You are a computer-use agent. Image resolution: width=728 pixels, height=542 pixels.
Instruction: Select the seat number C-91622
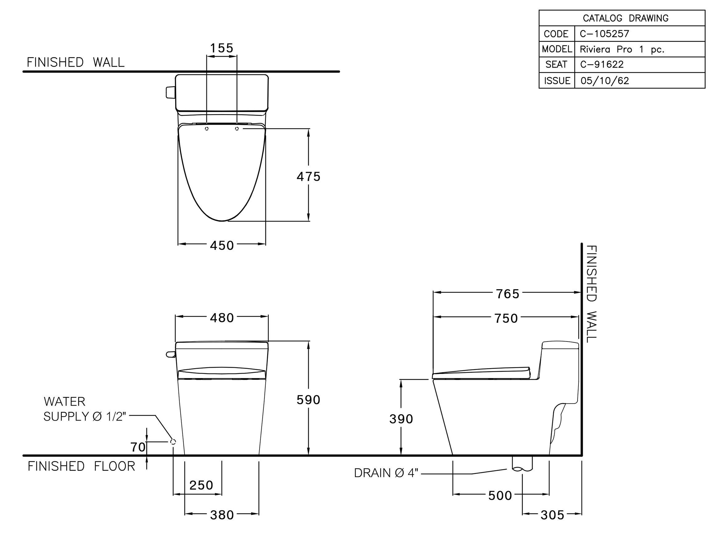click(602, 64)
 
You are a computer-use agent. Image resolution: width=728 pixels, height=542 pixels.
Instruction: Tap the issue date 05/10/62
click(605, 81)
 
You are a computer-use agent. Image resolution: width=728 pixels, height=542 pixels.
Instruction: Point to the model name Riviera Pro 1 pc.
click(622, 49)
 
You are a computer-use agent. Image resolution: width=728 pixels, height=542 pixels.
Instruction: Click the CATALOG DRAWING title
click(625, 18)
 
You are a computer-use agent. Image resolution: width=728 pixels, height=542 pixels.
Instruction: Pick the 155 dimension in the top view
click(222, 48)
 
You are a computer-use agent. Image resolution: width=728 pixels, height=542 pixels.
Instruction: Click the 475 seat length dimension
click(309, 177)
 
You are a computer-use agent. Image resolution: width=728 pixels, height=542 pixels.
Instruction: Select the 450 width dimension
click(222, 246)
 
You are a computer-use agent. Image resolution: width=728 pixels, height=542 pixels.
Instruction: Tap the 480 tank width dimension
click(222, 318)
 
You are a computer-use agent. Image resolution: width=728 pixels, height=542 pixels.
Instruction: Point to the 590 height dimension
click(309, 400)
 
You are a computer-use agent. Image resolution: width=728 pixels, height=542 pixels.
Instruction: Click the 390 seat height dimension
click(401, 419)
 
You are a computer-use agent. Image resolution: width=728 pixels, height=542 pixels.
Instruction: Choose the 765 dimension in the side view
click(508, 294)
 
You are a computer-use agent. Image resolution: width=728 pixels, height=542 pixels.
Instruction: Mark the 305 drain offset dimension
click(553, 515)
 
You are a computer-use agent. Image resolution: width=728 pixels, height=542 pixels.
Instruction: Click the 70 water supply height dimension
click(138, 447)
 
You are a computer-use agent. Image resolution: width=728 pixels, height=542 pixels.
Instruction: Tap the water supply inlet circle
click(173, 442)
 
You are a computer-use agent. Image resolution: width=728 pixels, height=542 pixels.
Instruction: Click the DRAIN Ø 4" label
click(386, 473)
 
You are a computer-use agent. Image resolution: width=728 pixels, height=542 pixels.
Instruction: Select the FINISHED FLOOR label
click(81, 466)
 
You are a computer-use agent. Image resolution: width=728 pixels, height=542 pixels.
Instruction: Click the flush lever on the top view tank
click(170, 92)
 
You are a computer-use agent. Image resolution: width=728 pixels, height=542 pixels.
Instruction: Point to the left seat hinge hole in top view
click(207, 129)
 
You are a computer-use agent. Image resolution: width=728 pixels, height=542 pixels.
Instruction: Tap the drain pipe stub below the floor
click(522, 464)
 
